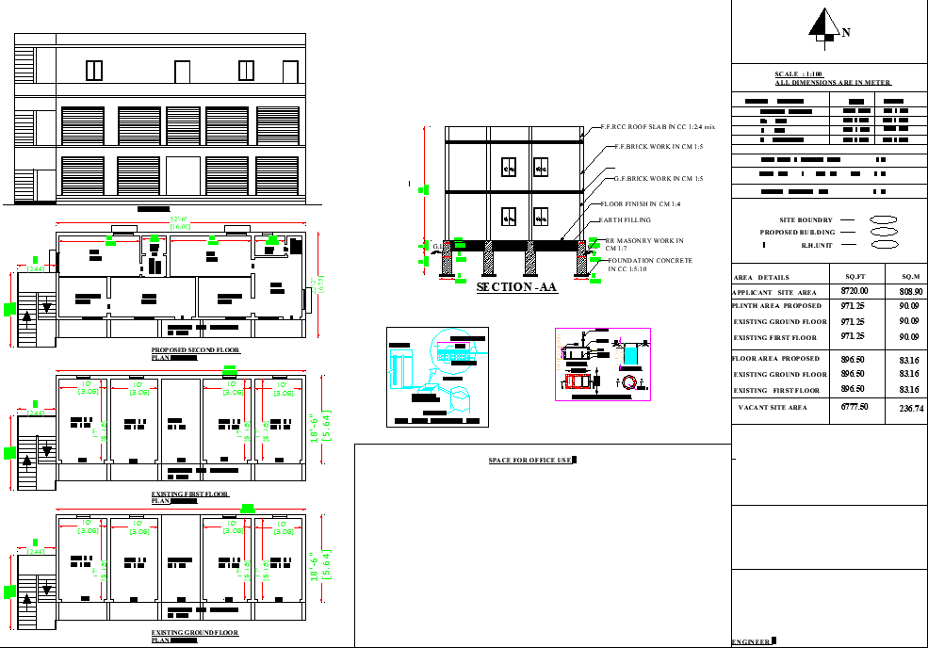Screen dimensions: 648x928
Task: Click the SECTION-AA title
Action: point(516,286)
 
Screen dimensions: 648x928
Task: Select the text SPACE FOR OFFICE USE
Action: point(530,461)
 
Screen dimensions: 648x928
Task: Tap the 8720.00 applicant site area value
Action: point(855,292)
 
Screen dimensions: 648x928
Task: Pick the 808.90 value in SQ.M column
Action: point(910,292)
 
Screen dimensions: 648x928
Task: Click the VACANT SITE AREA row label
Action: point(773,408)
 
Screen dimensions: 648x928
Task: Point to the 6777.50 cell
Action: point(855,407)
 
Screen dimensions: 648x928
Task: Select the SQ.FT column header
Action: point(855,277)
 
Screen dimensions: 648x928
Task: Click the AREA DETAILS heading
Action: point(761,278)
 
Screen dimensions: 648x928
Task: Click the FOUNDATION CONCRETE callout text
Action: point(650,260)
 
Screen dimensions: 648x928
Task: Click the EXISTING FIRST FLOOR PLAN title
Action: point(189,494)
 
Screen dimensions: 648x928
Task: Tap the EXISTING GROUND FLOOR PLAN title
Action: point(194,633)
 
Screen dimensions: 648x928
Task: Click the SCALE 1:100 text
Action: point(799,74)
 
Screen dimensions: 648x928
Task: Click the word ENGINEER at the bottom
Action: point(751,641)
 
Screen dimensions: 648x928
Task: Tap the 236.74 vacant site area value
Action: point(910,408)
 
